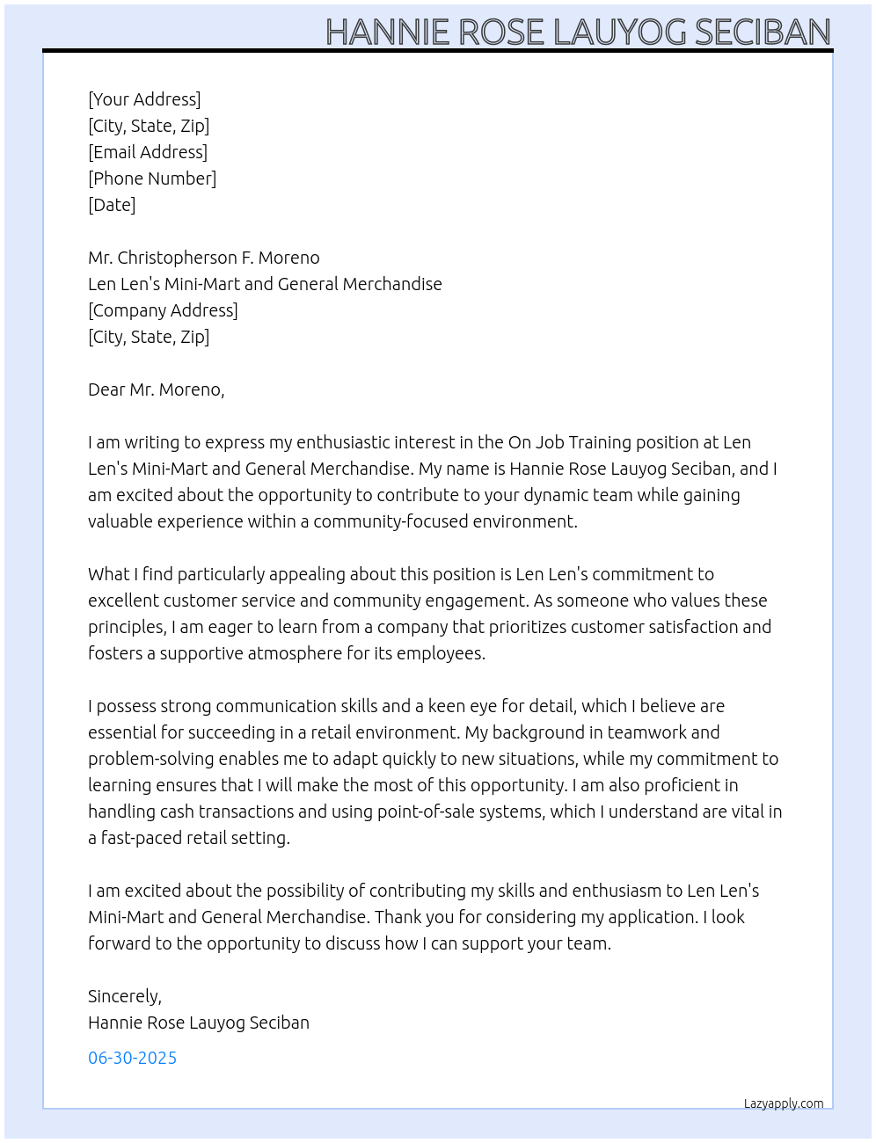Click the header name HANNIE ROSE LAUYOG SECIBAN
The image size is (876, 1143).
tap(578, 32)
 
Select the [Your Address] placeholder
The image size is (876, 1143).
tap(144, 99)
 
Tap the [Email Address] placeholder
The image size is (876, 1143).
tap(148, 152)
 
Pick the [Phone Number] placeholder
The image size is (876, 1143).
tap(152, 178)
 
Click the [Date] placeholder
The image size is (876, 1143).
tap(112, 205)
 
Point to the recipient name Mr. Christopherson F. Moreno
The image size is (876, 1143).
tap(203, 258)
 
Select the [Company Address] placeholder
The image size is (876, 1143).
tap(163, 310)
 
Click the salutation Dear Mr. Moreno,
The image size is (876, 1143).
tap(156, 389)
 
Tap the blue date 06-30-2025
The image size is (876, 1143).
tap(132, 1058)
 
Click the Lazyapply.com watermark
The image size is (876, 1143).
tap(784, 1103)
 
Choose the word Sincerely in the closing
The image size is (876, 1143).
tap(123, 996)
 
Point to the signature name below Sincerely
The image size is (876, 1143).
tap(198, 1023)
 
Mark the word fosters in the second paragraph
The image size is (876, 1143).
tap(116, 653)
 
